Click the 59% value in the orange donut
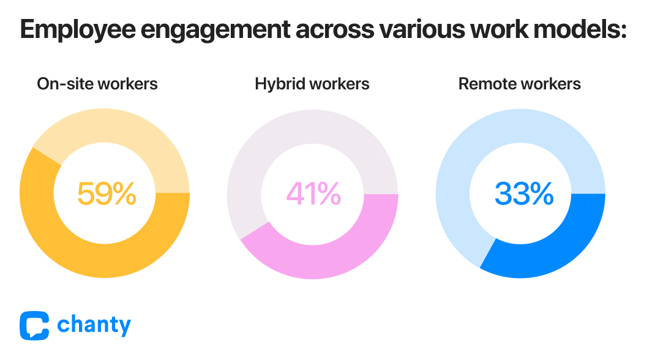coord(106,193)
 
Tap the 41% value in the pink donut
coord(313,193)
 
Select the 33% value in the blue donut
coord(523,193)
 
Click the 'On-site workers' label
coord(97,84)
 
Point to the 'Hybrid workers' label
coord(312,84)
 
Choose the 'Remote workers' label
coord(520,84)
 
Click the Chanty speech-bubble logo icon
coord(34,326)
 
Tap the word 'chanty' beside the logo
coord(94,326)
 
